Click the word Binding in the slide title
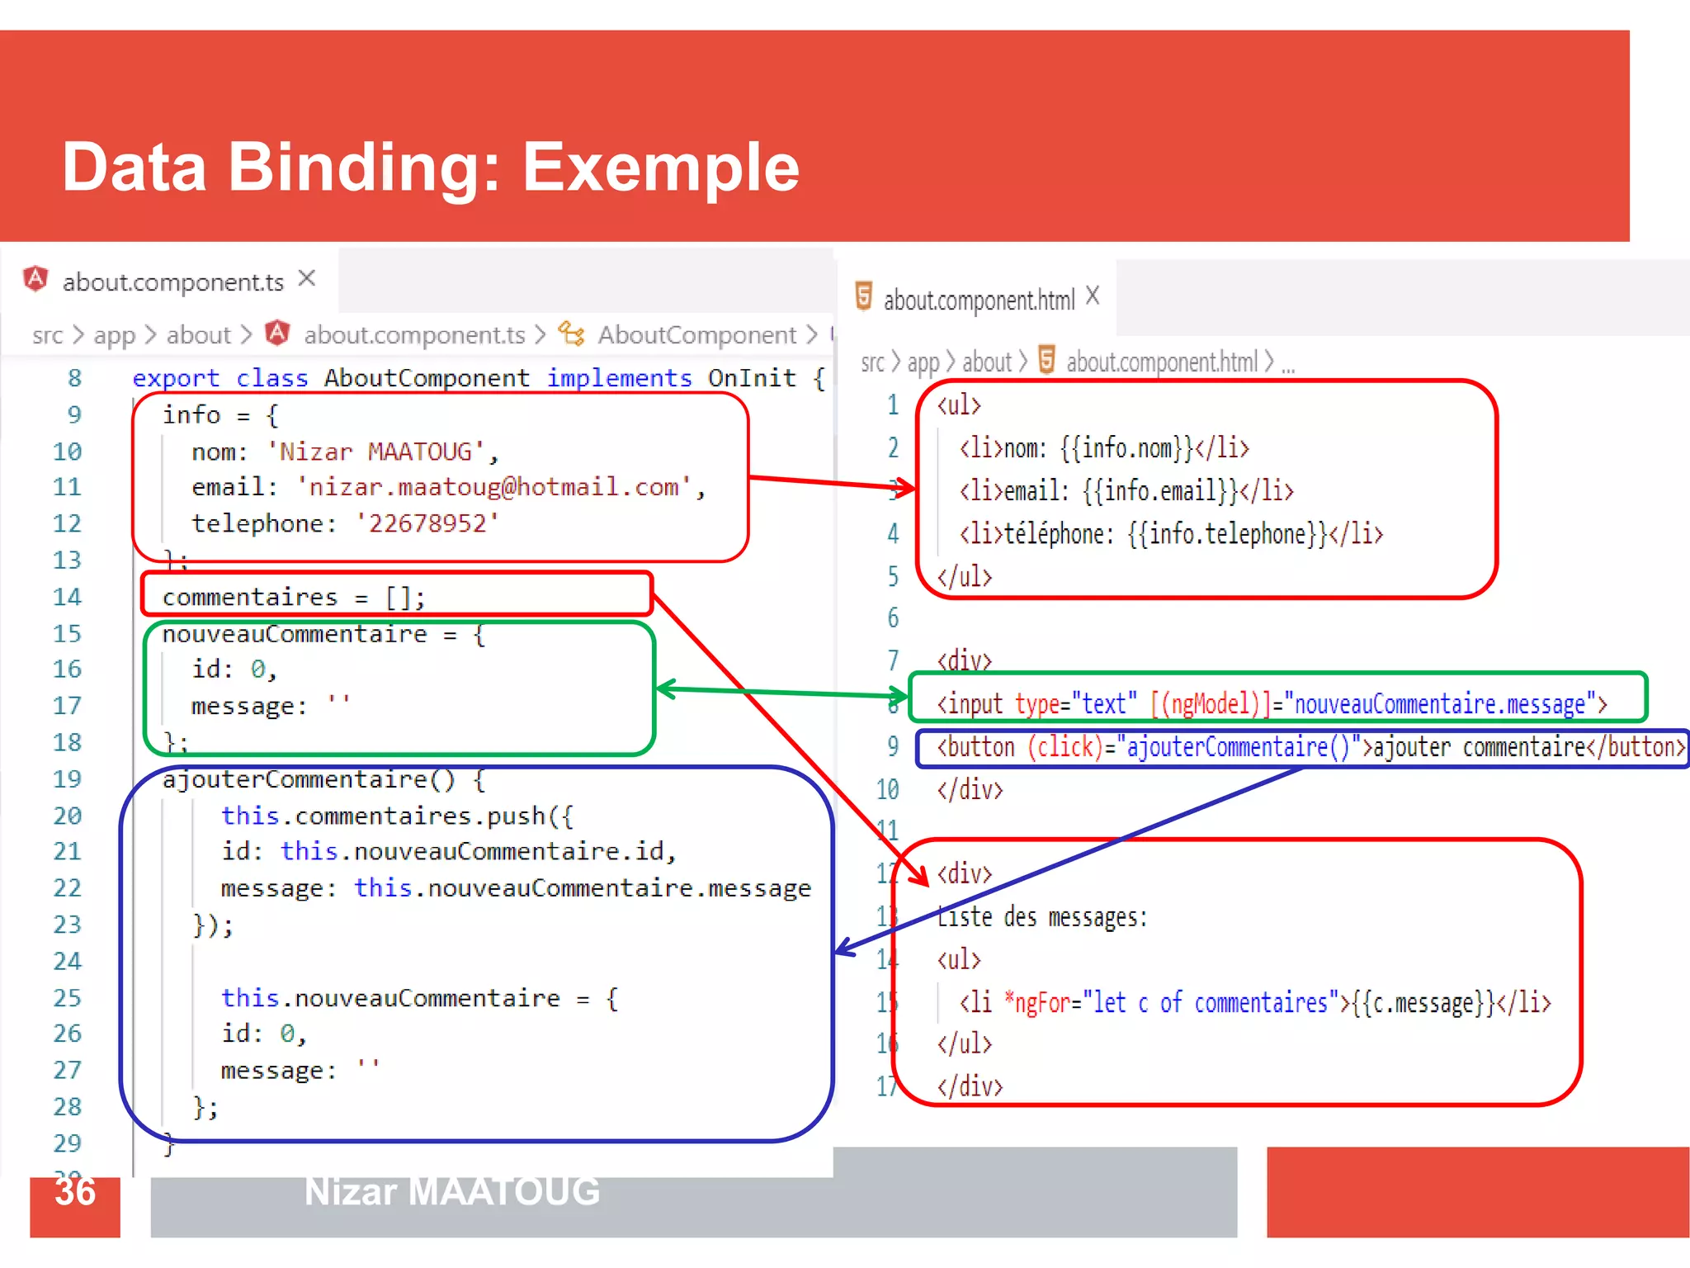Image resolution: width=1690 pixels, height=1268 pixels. click(363, 168)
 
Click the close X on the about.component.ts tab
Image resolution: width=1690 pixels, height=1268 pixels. click(307, 279)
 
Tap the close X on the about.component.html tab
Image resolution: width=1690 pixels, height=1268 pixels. click(1093, 296)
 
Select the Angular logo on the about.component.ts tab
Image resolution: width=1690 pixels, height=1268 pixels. click(35, 279)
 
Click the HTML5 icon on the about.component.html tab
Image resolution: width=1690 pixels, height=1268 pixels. click(863, 296)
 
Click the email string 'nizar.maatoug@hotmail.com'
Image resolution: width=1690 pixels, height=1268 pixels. click(493, 487)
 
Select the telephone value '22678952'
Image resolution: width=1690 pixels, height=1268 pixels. click(427, 523)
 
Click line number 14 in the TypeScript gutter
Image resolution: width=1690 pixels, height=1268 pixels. click(67, 597)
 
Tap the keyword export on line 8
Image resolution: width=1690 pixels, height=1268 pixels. click(176, 378)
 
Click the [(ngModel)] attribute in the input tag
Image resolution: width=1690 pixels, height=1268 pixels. click(1211, 704)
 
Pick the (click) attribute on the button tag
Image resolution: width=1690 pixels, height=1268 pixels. click(1065, 747)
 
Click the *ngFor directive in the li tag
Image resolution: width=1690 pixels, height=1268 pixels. click(1038, 1003)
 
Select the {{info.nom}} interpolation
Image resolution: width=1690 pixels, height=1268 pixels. click(1127, 448)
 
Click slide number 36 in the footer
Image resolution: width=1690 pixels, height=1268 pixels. click(75, 1192)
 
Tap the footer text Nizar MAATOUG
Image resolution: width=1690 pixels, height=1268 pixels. click(452, 1192)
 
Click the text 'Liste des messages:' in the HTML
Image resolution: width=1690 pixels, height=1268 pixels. click(1042, 917)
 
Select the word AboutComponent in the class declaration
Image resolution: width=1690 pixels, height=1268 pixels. click(427, 378)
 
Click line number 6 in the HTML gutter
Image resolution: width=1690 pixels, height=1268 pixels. click(893, 617)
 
